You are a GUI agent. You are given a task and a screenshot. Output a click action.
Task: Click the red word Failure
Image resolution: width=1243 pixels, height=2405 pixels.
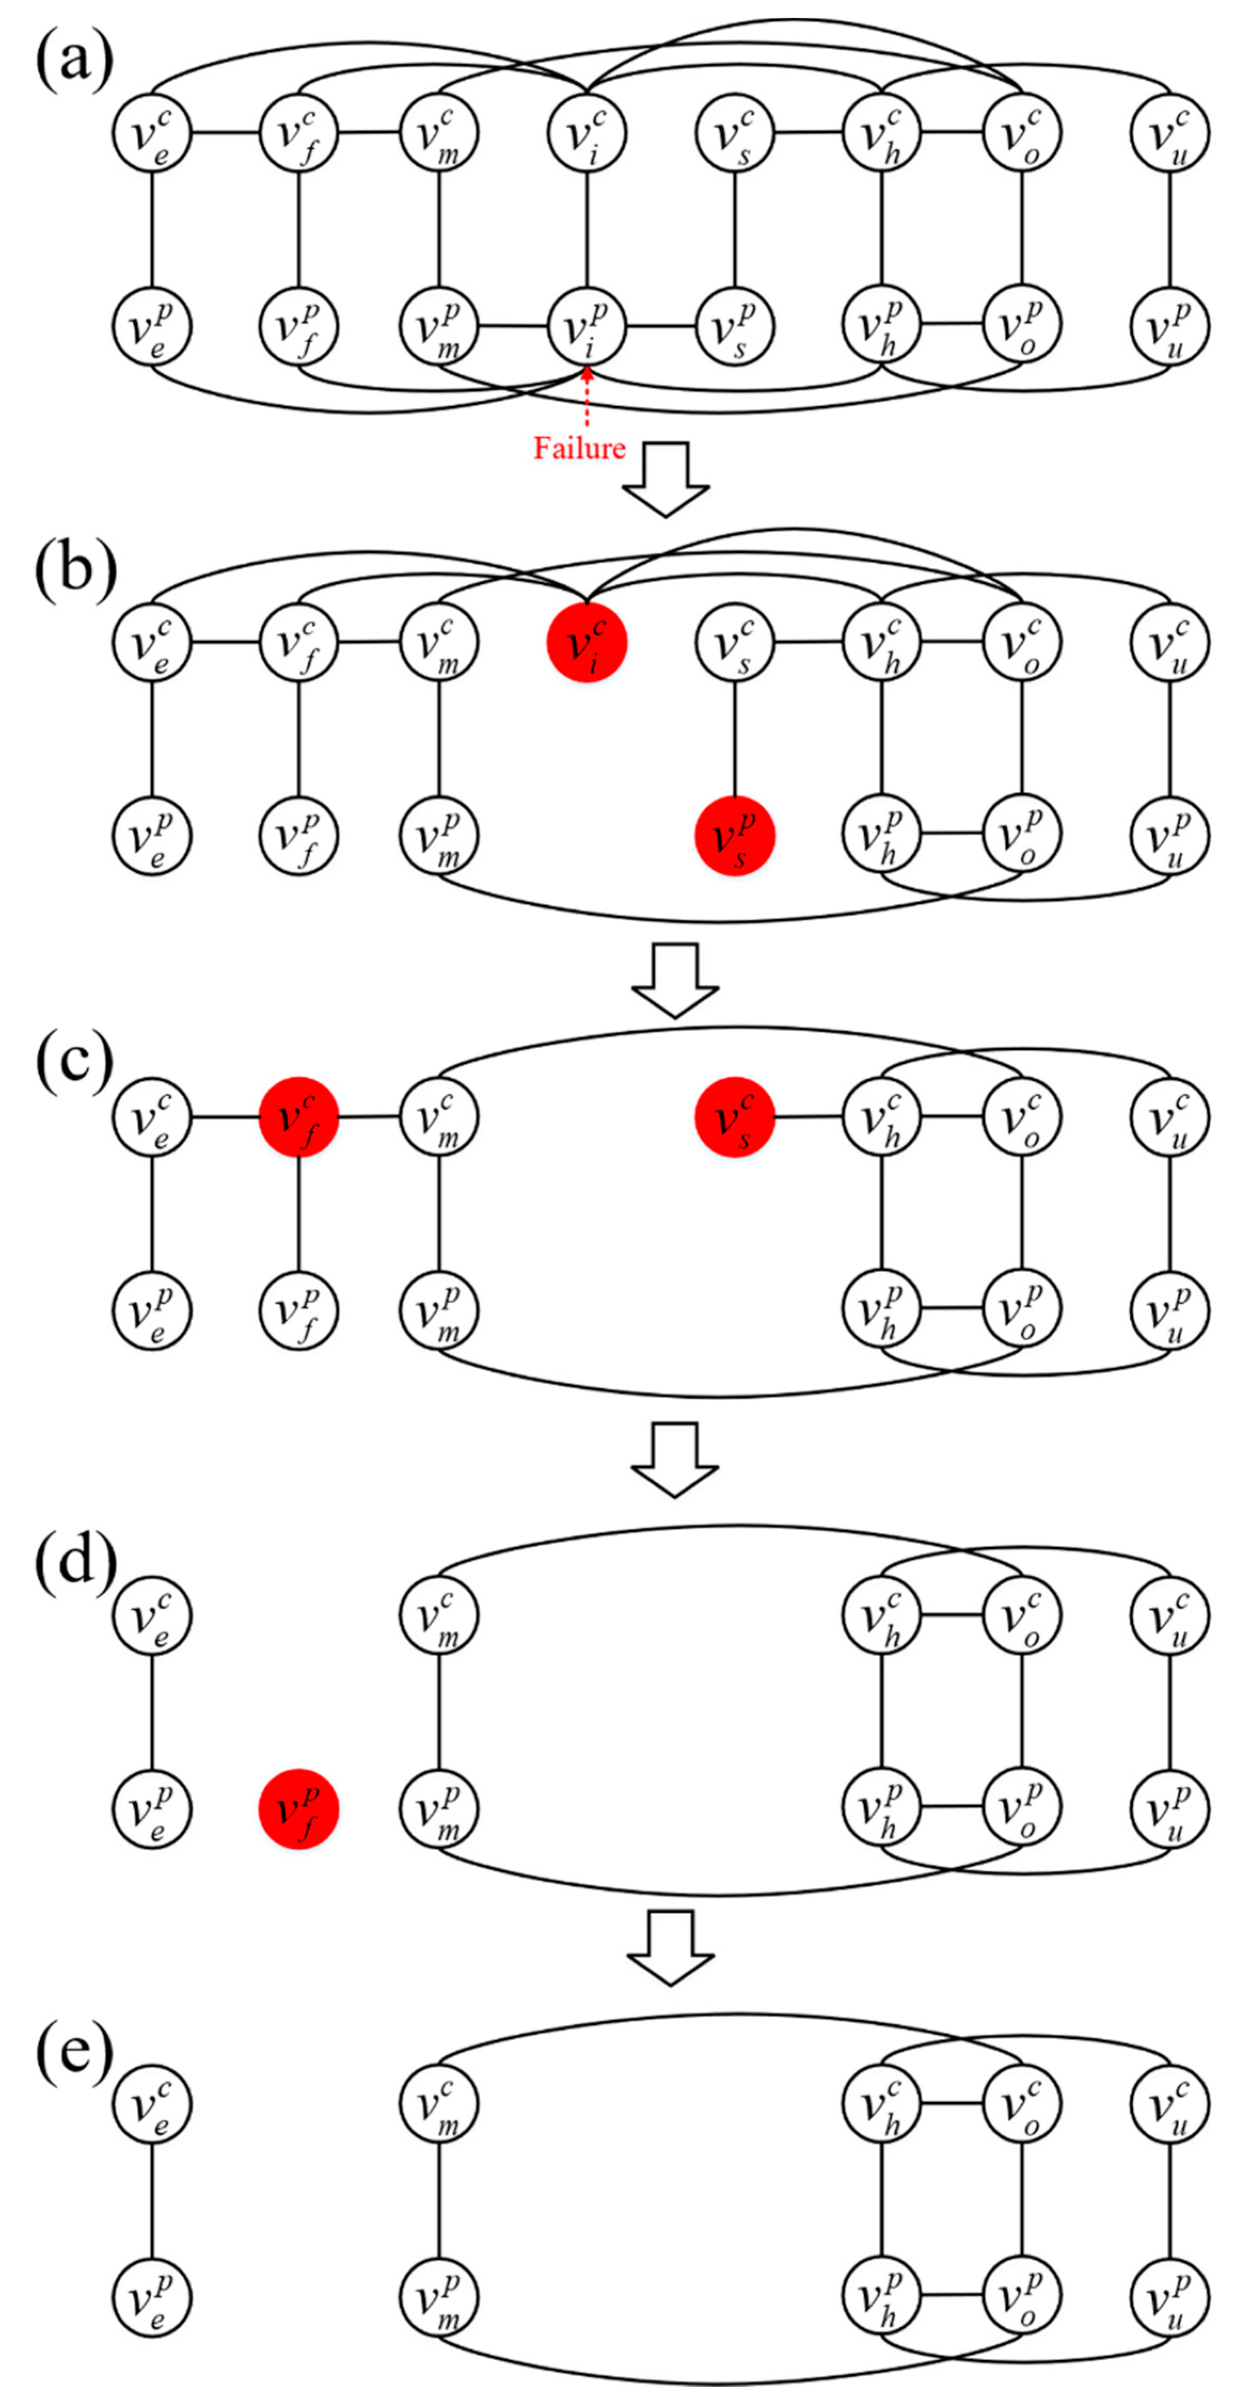(x=579, y=448)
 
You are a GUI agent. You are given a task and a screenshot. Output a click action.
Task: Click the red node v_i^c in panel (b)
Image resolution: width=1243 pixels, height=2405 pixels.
(x=586, y=642)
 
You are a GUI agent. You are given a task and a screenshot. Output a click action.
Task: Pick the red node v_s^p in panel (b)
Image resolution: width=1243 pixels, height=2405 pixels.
(x=735, y=835)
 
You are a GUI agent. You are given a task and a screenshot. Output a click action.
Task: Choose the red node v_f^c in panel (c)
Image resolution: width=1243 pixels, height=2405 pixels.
(x=299, y=1116)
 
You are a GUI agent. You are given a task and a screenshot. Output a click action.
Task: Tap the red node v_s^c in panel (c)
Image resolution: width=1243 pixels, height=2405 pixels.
(x=735, y=1116)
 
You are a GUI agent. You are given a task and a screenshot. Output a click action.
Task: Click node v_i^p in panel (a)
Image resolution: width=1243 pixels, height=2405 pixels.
(x=586, y=327)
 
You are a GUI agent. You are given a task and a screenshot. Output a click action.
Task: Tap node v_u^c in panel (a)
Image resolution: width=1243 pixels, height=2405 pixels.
(x=1170, y=133)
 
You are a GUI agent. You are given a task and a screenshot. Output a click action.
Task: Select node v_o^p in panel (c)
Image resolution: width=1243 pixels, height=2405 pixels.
(x=1022, y=1310)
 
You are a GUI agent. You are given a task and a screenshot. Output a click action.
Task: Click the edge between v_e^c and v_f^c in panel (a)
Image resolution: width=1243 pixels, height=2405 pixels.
(x=225, y=133)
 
